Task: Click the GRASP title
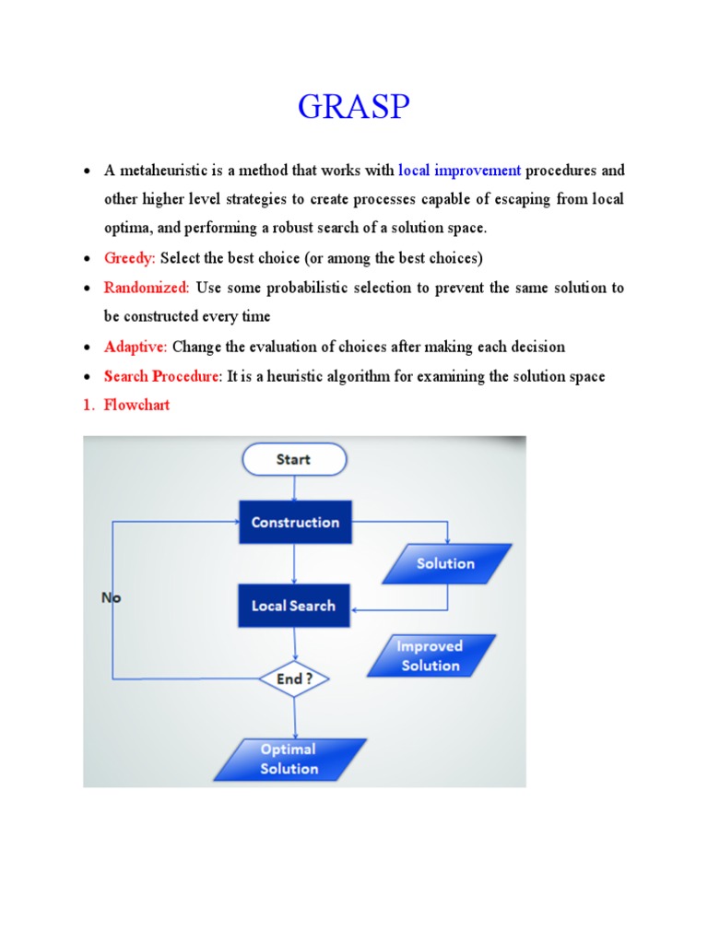354,108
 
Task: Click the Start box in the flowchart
293,459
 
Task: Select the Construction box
295,523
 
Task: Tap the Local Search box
293,606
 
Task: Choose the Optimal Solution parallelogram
289,759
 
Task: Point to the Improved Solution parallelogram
431,655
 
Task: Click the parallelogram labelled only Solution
446,563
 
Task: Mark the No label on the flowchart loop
112,597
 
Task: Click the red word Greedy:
130,258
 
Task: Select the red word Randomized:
147,288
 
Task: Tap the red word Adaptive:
136,347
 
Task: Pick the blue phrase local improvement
460,170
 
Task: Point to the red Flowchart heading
136,405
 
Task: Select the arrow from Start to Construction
293,488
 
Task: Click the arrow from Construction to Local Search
293,563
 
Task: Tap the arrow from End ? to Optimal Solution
294,718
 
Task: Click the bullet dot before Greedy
86,259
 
